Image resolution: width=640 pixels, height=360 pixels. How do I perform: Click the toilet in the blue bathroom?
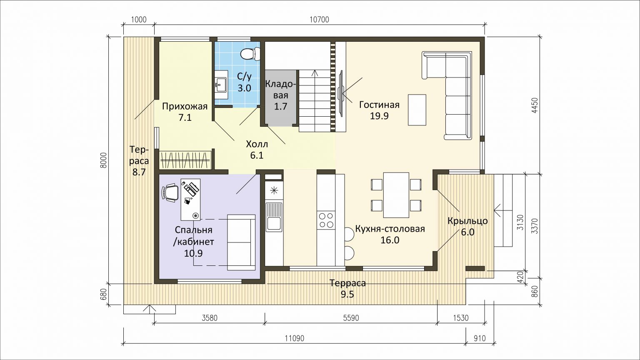[x=250, y=54]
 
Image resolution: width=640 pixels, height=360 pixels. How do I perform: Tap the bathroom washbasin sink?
[x=221, y=85]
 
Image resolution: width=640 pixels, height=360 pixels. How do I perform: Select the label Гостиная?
[x=379, y=105]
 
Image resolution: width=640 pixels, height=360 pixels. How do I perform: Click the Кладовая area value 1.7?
[x=280, y=106]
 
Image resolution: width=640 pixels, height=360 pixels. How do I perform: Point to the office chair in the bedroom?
[x=170, y=193]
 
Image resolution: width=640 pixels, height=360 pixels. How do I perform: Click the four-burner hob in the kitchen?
[x=326, y=220]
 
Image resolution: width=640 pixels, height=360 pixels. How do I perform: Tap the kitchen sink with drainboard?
[x=274, y=217]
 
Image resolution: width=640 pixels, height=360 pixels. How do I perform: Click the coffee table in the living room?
[x=417, y=110]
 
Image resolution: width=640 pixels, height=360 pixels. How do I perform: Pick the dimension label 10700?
[x=319, y=20]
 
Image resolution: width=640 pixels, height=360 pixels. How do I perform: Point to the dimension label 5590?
[x=351, y=318]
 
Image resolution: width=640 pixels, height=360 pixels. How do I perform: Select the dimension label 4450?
[x=535, y=106]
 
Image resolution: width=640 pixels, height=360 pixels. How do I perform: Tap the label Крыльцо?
[x=468, y=221]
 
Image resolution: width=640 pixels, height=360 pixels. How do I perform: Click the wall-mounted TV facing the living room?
[x=341, y=93]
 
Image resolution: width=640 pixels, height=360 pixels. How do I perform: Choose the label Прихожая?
[x=185, y=107]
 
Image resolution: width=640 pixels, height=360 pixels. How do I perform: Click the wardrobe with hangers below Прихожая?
[x=185, y=160]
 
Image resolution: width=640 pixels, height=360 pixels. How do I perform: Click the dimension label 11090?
[x=295, y=339]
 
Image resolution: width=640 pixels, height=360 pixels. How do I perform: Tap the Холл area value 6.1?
[x=257, y=155]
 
